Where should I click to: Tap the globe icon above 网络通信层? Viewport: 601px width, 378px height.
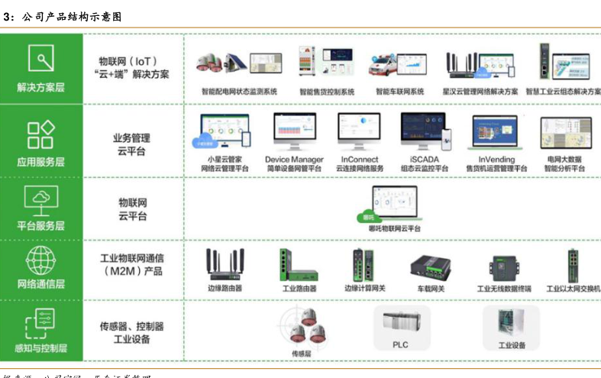[40, 259]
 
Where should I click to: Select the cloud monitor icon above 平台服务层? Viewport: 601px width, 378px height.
[40, 198]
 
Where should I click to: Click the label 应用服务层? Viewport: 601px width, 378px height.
[40, 161]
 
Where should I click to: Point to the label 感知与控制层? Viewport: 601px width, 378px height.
[41, 348]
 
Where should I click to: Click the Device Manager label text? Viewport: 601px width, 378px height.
[294, 159]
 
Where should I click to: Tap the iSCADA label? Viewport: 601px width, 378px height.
[424, 159]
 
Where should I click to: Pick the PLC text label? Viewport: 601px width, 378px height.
[401, 344]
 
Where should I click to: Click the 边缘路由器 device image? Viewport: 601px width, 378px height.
[225, 264]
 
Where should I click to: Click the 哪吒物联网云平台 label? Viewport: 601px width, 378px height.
[394, 228]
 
